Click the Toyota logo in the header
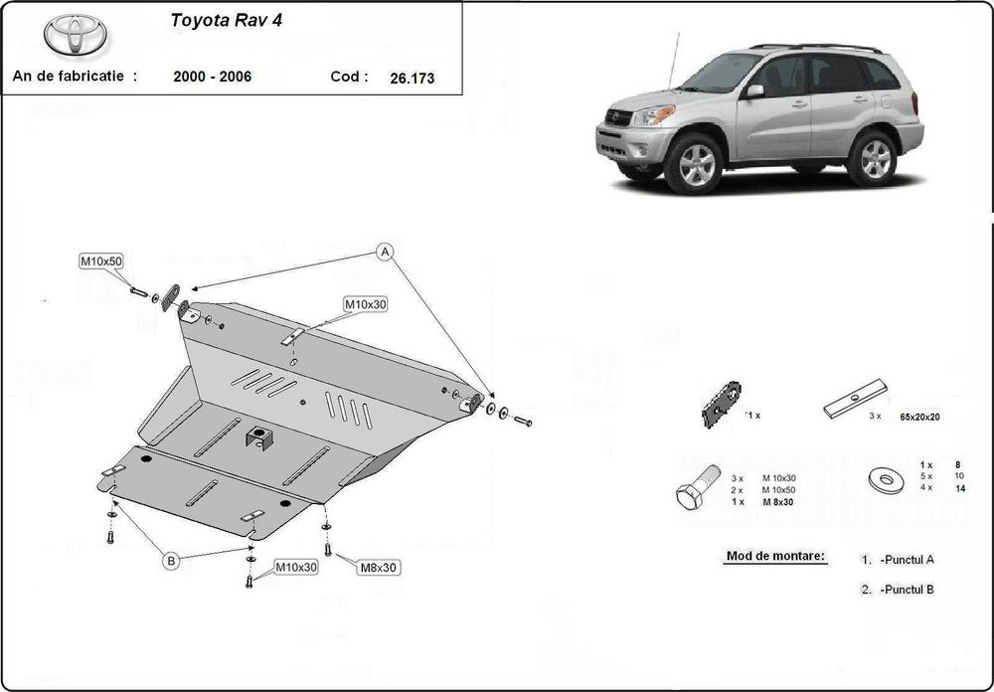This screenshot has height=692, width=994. (78, 37)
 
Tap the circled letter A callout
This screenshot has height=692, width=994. (386, 252)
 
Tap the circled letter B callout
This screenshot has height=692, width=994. (171, 562)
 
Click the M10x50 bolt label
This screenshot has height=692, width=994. (100, 261)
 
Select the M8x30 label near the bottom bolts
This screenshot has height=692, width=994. (379, 567)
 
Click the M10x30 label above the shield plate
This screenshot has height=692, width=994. (365, 304)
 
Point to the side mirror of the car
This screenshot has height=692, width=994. (756, 91)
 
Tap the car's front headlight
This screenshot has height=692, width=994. (653, 116)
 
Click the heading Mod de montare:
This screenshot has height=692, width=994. (775, 557)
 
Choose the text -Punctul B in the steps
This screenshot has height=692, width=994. (905, 589)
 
